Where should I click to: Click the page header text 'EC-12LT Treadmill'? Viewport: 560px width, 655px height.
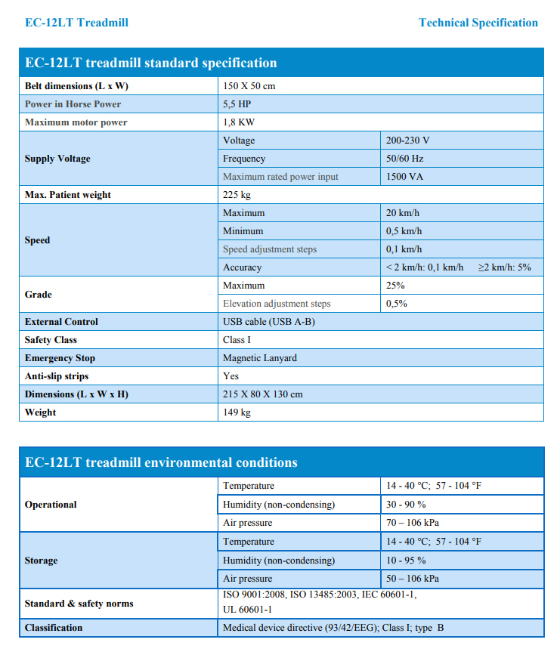click(x=76, y=23)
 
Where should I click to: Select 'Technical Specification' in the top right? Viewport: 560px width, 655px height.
click(x=478, y=23)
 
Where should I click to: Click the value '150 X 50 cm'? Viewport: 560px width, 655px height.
click(x=249, y=86)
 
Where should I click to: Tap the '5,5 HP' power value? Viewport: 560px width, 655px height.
click(x=237, y=104)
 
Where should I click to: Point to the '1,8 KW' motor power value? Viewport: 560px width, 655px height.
click(x=239, y=122)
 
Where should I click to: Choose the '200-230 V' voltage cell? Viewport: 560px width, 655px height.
click(x=408, y=141)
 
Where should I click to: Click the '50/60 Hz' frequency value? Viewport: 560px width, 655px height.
click(x=405, y=159)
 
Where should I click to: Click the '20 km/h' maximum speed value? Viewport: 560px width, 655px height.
click(x=404, y=213)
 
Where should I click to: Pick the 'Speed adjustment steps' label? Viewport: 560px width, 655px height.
click(x=270, y=249)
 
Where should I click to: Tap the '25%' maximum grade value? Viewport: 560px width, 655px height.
click(x=396, y=286)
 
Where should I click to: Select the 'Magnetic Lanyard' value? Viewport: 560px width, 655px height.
click(x=260, y=358)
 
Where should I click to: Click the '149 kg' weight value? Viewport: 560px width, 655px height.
click(x=237, y=412)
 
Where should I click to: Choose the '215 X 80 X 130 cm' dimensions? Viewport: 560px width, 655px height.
click(x=263, y=394)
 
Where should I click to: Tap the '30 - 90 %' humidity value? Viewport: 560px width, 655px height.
click(x=406, y=505)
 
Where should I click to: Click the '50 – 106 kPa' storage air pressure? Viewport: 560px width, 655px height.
click(x=413, y=579)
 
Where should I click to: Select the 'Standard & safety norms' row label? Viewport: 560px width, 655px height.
click(x=79, y=604)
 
